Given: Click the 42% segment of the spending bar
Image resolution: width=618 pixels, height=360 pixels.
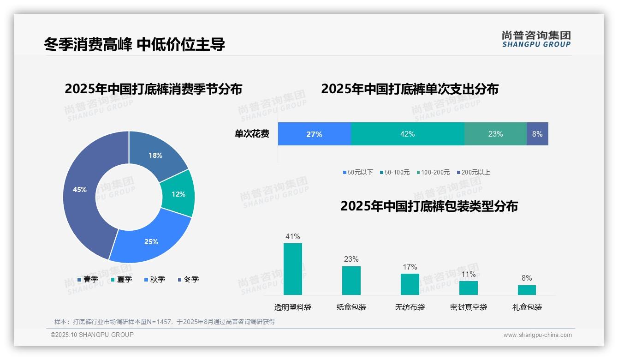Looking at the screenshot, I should pyautogui.click(x=407, y=134).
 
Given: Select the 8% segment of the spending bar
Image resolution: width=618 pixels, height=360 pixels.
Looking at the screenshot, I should pyautogui.click(x=537, y=134).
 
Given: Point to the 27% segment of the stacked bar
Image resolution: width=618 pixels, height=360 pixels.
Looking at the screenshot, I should pyautogui.click(x=314, y=134).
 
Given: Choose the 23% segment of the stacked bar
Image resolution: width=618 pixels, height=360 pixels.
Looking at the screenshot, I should pyautogui.click(x=495, y=134).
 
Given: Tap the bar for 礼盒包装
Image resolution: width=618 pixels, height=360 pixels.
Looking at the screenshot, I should pyautogui.click(x=527, y=290).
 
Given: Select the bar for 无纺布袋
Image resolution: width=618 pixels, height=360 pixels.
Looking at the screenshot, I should pyautogui.click(x=410, y=284).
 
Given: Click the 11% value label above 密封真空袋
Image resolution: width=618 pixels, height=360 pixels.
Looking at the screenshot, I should pyautogui.click(x=468, y=274).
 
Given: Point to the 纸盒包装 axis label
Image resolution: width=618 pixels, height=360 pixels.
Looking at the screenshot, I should pyautogui.click(x=351, y=307).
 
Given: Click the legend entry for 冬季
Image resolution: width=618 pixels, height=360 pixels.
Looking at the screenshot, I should pyautogui.click(x=188, y=279).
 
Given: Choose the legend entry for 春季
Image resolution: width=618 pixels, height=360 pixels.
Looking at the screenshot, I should pyautogui.click(x=88, y=279).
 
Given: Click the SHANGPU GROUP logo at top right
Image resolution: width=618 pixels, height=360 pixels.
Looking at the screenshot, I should pyautogui.click(x=536, y=39).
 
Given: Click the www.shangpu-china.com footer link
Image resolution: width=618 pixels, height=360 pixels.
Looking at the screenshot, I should pyautogui.click(x=537, y=335).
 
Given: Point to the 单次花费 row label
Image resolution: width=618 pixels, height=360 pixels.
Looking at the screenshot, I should pyautogui.click(x=252, y=134).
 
